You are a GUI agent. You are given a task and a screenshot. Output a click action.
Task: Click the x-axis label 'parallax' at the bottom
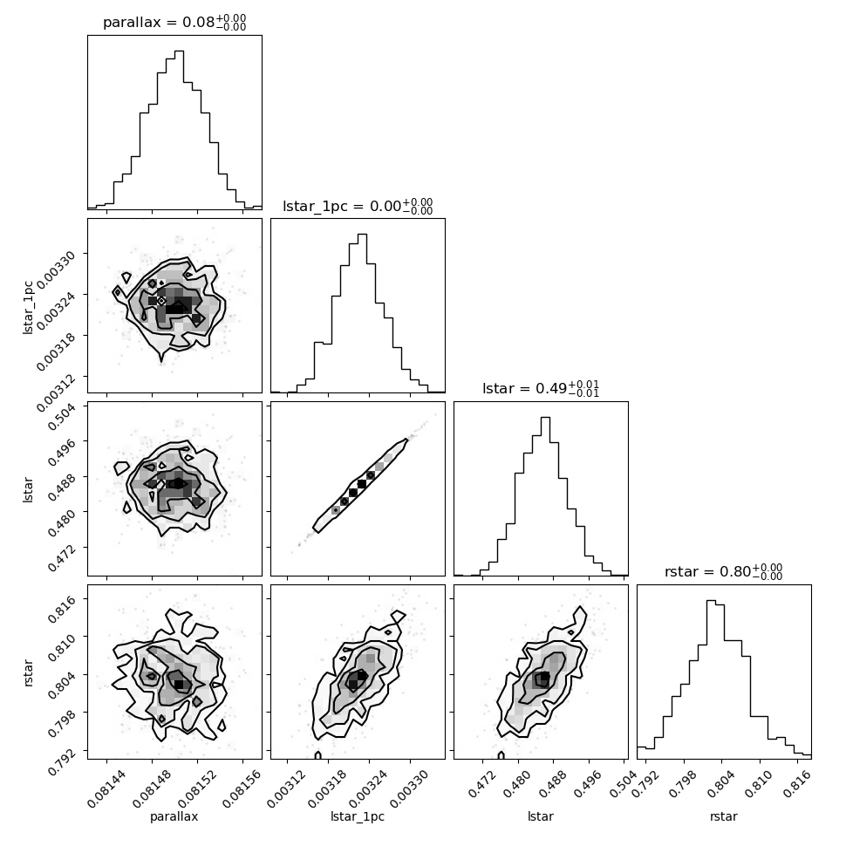[174, 816]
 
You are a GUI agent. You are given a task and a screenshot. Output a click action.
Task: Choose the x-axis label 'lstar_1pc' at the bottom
[358, 816]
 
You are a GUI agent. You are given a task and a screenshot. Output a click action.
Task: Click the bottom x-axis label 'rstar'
[724, 816]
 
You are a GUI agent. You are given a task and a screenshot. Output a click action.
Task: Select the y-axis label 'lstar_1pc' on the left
[28, 308]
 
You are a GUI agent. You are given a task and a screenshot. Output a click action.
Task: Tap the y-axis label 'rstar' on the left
[28, 672]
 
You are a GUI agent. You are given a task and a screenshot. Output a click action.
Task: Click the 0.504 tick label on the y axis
[61, 417]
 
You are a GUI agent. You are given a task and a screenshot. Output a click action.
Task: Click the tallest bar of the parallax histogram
[179, 130]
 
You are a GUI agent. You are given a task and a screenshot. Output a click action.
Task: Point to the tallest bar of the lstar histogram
[545, 496]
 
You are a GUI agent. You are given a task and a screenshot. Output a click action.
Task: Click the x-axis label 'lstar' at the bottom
[541, 816]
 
